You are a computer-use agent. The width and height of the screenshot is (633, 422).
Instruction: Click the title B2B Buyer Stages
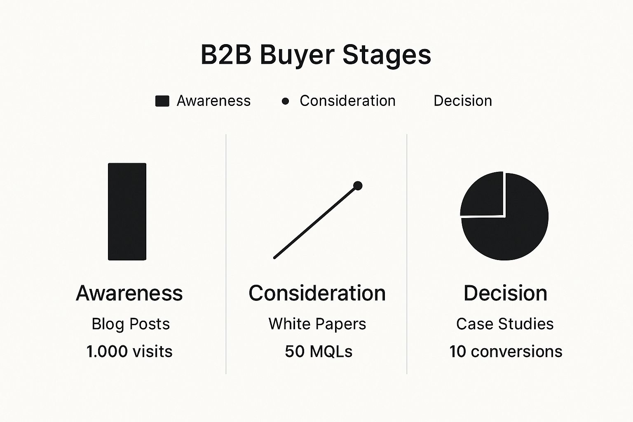click(316, 55)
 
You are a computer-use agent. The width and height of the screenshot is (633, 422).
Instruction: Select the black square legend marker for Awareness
click(162, 101)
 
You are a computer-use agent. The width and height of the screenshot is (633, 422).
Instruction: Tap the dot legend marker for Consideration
click(285, 101)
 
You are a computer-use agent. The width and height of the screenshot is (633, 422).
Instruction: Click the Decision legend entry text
click(462, 101)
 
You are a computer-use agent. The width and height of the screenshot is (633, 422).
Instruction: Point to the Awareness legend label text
click(213, 101)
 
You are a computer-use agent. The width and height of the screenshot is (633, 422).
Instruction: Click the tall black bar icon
click(127, 211)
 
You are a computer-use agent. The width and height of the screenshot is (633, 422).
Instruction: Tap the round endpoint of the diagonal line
click(358, 186)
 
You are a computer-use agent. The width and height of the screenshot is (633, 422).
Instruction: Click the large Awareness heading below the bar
click(129, 293)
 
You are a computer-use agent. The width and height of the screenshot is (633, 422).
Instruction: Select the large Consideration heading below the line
click(317, 293)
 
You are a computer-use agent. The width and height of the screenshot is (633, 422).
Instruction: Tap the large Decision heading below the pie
click(505, 293)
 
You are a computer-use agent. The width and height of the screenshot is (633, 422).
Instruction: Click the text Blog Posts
click(130, 324)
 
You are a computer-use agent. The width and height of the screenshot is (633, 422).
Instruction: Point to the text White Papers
click(317, 324)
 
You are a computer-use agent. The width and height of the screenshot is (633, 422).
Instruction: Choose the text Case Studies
click(505, 324)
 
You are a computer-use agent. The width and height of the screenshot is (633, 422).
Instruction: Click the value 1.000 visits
click(129, 352)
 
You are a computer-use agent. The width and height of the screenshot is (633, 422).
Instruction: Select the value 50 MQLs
click(319, 352)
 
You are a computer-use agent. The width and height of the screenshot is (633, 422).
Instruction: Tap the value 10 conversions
click(506, 352)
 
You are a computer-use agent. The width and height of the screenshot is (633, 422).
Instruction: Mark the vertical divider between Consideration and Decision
click(407, 253)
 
